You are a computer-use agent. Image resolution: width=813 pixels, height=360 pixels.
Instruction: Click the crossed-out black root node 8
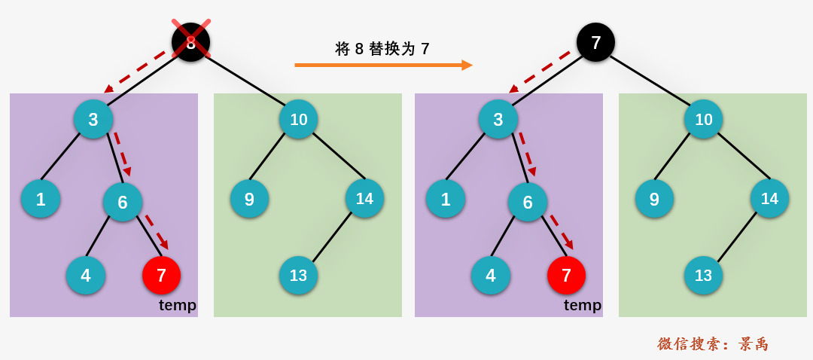(x=190, y=42)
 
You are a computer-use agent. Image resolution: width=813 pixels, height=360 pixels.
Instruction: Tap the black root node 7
(x=595, y=42)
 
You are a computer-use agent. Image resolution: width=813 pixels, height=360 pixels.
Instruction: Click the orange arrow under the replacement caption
(x=383, y=66)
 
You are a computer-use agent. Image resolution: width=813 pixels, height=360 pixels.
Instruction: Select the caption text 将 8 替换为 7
(x=382, y=49)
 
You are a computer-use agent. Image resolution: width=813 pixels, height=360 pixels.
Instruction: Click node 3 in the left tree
(x=93, y=119)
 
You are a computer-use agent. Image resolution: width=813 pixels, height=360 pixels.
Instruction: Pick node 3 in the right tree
(x=498, y=119)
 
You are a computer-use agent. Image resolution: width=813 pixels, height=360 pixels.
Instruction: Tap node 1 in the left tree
(x=41, y=199)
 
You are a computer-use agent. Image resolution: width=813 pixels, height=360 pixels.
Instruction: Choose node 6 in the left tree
(x=123, y=202)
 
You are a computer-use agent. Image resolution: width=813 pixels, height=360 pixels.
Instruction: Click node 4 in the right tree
(x=491, y=275)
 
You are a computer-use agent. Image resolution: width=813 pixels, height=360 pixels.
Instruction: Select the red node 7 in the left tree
(x=161, y=275)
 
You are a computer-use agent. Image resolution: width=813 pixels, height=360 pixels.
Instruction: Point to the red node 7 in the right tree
(x=566, y=275)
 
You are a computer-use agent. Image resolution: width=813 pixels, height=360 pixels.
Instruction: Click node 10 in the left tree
(x=298, y=119)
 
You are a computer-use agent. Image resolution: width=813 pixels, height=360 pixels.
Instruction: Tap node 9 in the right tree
(x=654, y=199)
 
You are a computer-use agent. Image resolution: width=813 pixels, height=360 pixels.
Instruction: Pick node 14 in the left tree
(x=364, y=198)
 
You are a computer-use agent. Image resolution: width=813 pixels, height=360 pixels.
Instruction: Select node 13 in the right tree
(x=703, y=275)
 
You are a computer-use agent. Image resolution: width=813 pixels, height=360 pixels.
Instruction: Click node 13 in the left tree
(x=298, y=275)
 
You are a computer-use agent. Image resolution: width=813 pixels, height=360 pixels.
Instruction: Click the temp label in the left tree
(x=178, y=305)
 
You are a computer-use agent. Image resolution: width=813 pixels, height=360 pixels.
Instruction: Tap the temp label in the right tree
(x=583, y=305)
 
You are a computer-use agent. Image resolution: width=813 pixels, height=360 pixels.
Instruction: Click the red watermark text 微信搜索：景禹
(x=713, y=344)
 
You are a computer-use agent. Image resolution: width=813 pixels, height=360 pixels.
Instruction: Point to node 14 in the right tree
(x=769, y=198)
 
